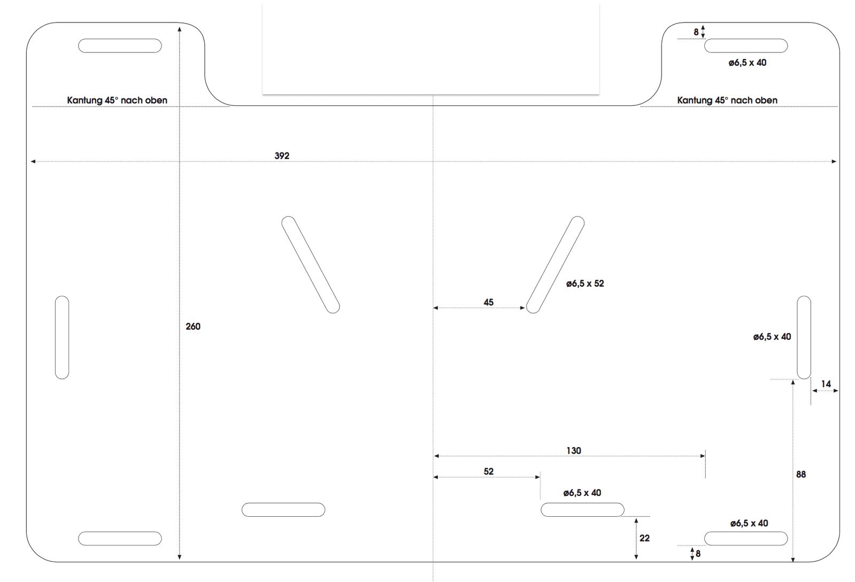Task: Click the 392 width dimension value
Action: point(282,156)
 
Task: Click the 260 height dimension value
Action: point(192,326)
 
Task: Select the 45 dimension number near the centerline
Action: point(489,302)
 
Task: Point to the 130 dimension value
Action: point(574,450)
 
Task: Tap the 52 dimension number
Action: point(489,472)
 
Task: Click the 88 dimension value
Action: point(801,474)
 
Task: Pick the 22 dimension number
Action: point(644,538)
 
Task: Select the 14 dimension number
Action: point(826,384)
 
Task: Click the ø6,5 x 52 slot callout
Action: point(585,284)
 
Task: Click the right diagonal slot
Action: point(556,265)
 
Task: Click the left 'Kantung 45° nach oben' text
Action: point(117,101)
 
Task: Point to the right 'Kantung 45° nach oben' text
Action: point(727,101)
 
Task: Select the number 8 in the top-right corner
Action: point(696,32)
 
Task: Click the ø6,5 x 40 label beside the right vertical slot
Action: point(772,337)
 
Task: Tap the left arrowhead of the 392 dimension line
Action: point(33,162)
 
